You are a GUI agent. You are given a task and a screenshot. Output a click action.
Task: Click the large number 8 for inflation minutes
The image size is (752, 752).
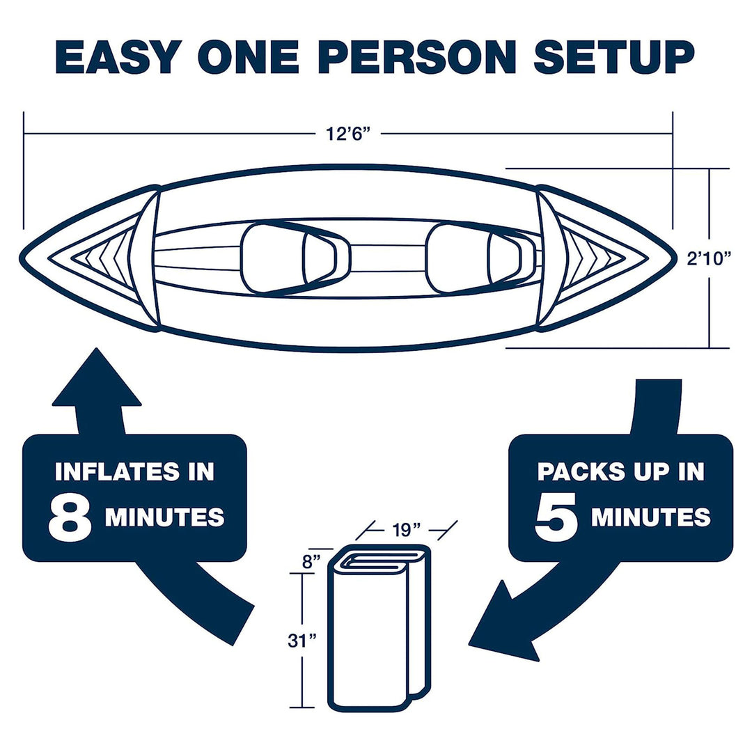pyautogui.click(x=70, y=517)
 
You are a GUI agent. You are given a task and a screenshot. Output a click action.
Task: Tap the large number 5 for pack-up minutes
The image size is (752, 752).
pyautogui.click(x=556, y=517)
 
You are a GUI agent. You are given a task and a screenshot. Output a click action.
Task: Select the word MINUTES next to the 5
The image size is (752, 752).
pyautogui.click(x=650, y=517)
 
